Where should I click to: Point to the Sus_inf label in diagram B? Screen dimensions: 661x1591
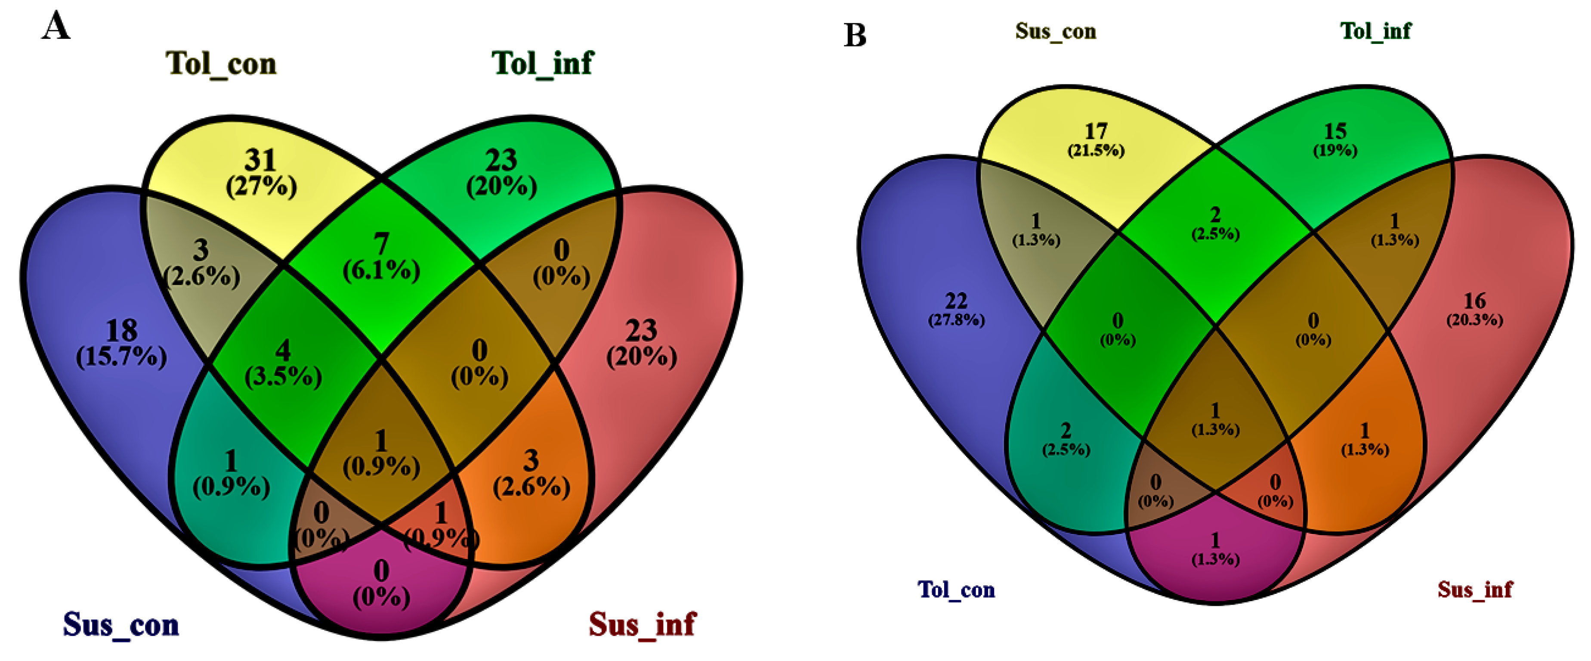(x=1475, y=590)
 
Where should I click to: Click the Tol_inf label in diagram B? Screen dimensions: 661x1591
(x=1375, y=31)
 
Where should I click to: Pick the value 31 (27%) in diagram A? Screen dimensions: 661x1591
(x=261, y=173)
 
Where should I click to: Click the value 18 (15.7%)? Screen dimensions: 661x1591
(x=121, y=344)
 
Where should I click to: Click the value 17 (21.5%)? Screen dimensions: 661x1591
(x=1096, y=140)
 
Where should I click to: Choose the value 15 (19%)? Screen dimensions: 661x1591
(x=1335, y=140)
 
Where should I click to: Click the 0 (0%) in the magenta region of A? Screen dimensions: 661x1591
(x=381, y=583)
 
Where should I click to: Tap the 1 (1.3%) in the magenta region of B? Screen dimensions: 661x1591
(x=1215, y=549)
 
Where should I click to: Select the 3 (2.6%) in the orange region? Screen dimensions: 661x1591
(x=531, y=474)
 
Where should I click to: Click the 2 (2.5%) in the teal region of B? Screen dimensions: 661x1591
(x=1066, y=439)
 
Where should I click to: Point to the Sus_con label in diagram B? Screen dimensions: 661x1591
(x=1056, y=31)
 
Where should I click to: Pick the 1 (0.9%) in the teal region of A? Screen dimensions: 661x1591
(x=231, y=474)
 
